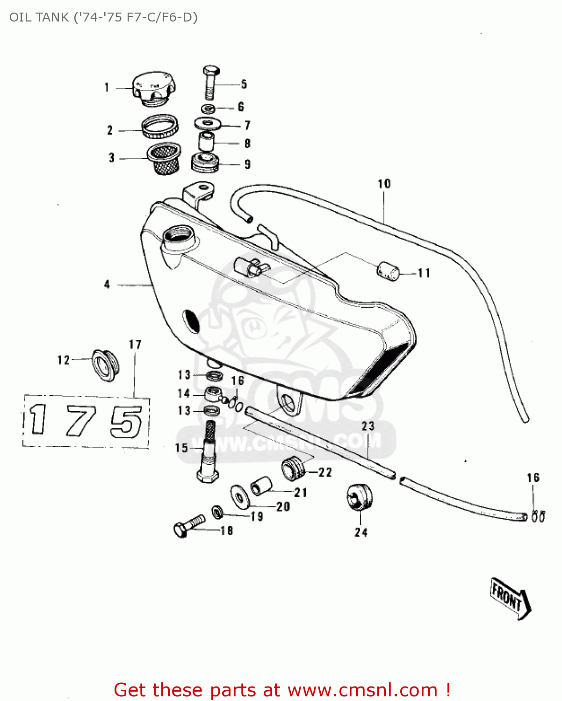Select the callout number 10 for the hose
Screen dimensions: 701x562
384,184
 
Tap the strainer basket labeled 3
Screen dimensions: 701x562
164,158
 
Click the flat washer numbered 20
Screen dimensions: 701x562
239,496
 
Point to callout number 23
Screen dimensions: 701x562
368,426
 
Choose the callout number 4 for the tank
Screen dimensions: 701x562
107,284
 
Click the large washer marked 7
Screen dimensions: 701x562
208,124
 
